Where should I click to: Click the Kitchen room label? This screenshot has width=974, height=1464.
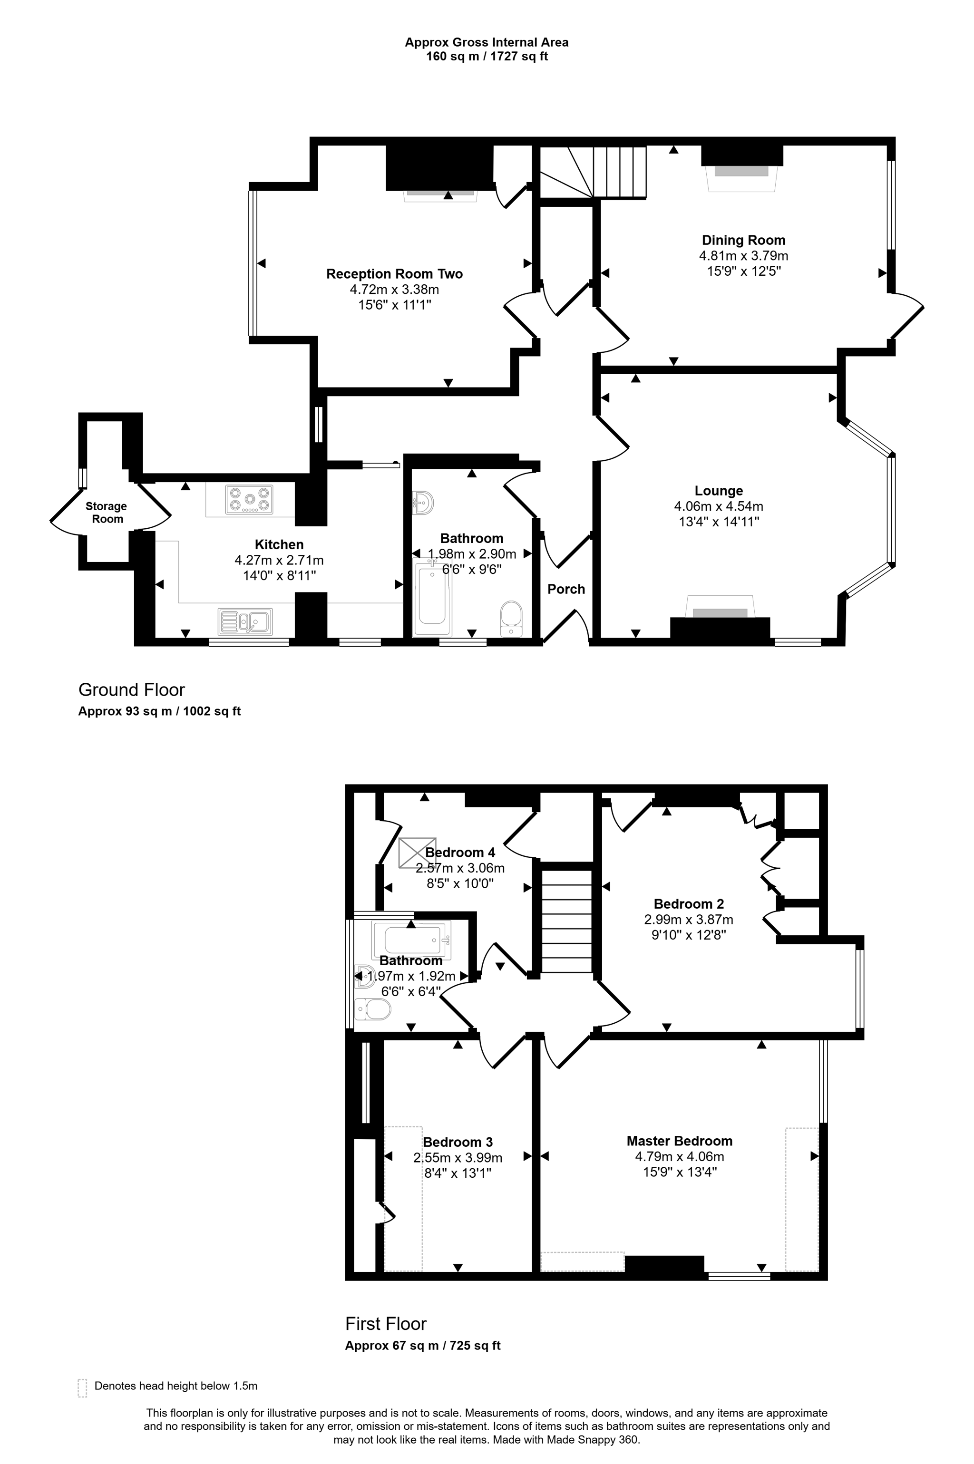279,544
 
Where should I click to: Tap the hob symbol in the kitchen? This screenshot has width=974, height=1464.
250,499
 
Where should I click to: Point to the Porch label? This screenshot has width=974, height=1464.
566,589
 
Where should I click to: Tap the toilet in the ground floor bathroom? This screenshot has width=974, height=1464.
512,618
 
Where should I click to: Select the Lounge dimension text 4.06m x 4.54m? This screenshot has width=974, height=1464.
719,506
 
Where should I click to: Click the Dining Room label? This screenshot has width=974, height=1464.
743,240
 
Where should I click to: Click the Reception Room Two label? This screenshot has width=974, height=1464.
394,274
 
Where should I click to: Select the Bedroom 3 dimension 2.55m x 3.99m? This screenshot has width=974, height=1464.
458,1157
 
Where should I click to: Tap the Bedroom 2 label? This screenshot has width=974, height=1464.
688,904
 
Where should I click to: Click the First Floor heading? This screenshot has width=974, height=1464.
386,1324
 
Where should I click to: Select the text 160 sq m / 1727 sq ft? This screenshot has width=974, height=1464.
487,57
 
